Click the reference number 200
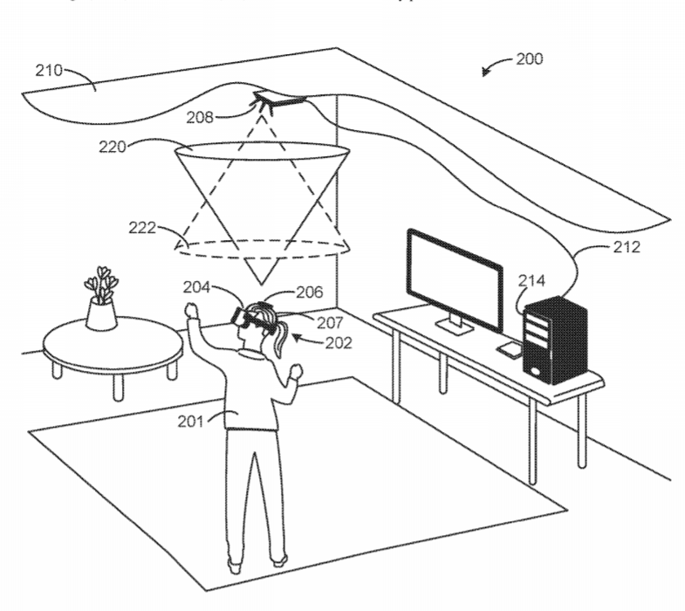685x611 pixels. [529, 59]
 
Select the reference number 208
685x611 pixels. [200, 116]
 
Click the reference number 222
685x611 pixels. [141, 228]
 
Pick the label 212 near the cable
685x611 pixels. [626, 247]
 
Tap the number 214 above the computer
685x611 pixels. [531, 281]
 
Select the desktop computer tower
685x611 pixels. [554, 340]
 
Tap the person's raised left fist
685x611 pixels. [192, 310]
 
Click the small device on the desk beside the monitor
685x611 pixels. [508, 348]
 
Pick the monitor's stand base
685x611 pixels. [454, 328]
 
